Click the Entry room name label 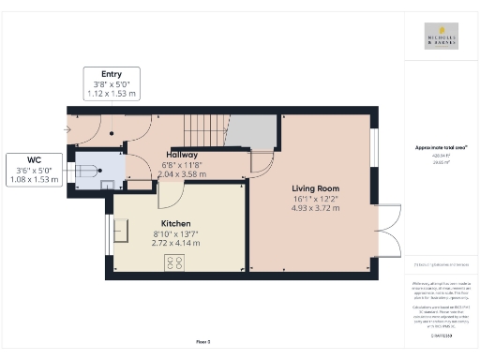112,73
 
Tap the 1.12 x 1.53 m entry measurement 112,94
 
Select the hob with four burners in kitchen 174,262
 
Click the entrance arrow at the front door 69,128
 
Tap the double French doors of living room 388,230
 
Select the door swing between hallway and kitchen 170,194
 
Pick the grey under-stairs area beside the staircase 251,131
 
